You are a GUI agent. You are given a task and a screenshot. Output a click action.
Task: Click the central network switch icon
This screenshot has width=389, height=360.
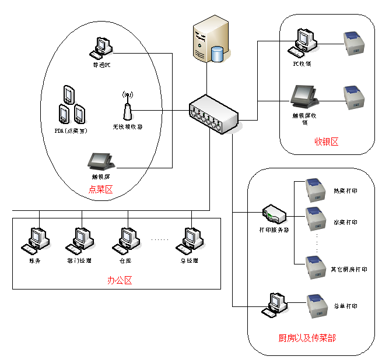tap(213, 114)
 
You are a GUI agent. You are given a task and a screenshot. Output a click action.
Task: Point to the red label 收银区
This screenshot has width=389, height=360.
tap(326, 141)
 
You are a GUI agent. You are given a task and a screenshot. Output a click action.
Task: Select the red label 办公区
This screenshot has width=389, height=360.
tap(120, 280)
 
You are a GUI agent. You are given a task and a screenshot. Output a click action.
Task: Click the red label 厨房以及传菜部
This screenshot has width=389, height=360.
tap(307, 338)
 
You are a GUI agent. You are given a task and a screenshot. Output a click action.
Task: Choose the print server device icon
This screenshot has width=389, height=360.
tap(274, 214)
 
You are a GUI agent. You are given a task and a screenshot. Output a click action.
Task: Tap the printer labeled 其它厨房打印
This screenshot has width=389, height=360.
tap(318, 267)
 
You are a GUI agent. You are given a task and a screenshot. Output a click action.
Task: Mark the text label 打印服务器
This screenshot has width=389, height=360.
tap(274, 230)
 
